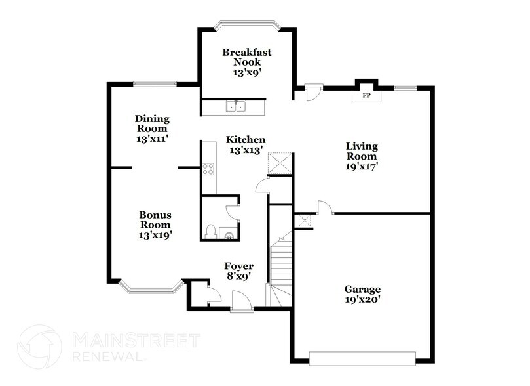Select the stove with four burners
(x=208, y=168)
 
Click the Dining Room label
(x=153, y=123)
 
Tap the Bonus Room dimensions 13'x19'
(x=155, y=234)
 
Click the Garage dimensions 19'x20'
(x=362, y=299)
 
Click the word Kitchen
(x=246, y=140)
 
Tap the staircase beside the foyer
(x=280, y=269)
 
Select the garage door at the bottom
(x=363, y=359)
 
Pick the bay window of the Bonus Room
(x=150, y=287)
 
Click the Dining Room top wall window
(x=154, y=83)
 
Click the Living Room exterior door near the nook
(x=313, y=93)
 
